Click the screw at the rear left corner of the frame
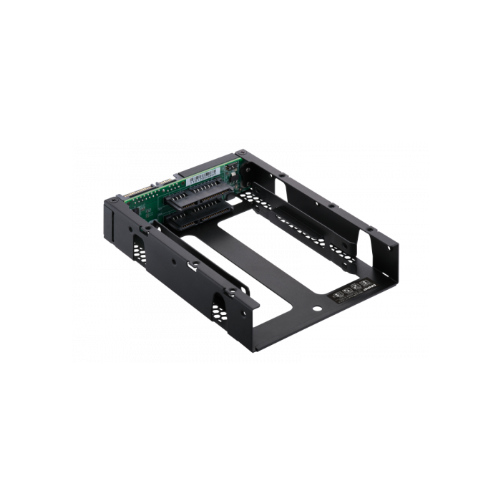click(113, 202)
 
